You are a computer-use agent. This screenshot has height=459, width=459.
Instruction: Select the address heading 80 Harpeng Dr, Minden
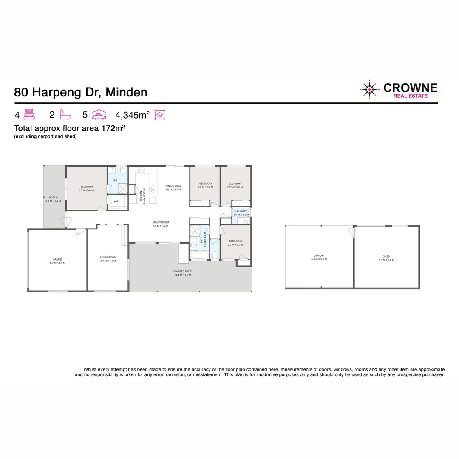(x=81, y=92)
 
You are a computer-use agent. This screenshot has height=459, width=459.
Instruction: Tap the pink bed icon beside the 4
(x=29, y=114)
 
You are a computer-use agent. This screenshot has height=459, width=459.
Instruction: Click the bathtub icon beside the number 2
(x=65, y=114)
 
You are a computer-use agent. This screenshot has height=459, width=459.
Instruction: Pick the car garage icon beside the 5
(x=99, y=114)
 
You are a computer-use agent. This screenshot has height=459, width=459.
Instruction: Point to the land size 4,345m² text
(x=132, y=115)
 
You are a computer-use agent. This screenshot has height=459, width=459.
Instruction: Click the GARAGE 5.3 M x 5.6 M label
(x=57, y=261)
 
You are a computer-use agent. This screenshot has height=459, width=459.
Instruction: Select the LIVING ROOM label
(x=108, y=259)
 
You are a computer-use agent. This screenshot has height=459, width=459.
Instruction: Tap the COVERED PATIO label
(x=182, y=273)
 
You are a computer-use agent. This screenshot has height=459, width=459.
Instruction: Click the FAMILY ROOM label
(x=161, y=224)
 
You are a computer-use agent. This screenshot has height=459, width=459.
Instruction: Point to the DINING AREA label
(x=173, y=188)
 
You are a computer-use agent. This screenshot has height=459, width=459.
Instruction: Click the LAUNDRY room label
(x=241, y=212)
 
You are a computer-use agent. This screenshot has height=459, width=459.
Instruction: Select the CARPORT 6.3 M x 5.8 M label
(x=319, y=257)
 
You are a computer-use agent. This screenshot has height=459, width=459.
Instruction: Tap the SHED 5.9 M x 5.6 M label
(x=386, y=258)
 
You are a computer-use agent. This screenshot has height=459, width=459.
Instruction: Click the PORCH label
(x=53, y=199)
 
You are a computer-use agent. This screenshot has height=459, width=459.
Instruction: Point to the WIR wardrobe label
(x=116, y=201)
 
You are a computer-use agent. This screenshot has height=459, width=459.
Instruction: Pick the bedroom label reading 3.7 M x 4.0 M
(x=86, y=189)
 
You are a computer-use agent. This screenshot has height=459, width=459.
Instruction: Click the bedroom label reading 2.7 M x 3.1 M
(x=235, y=243)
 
